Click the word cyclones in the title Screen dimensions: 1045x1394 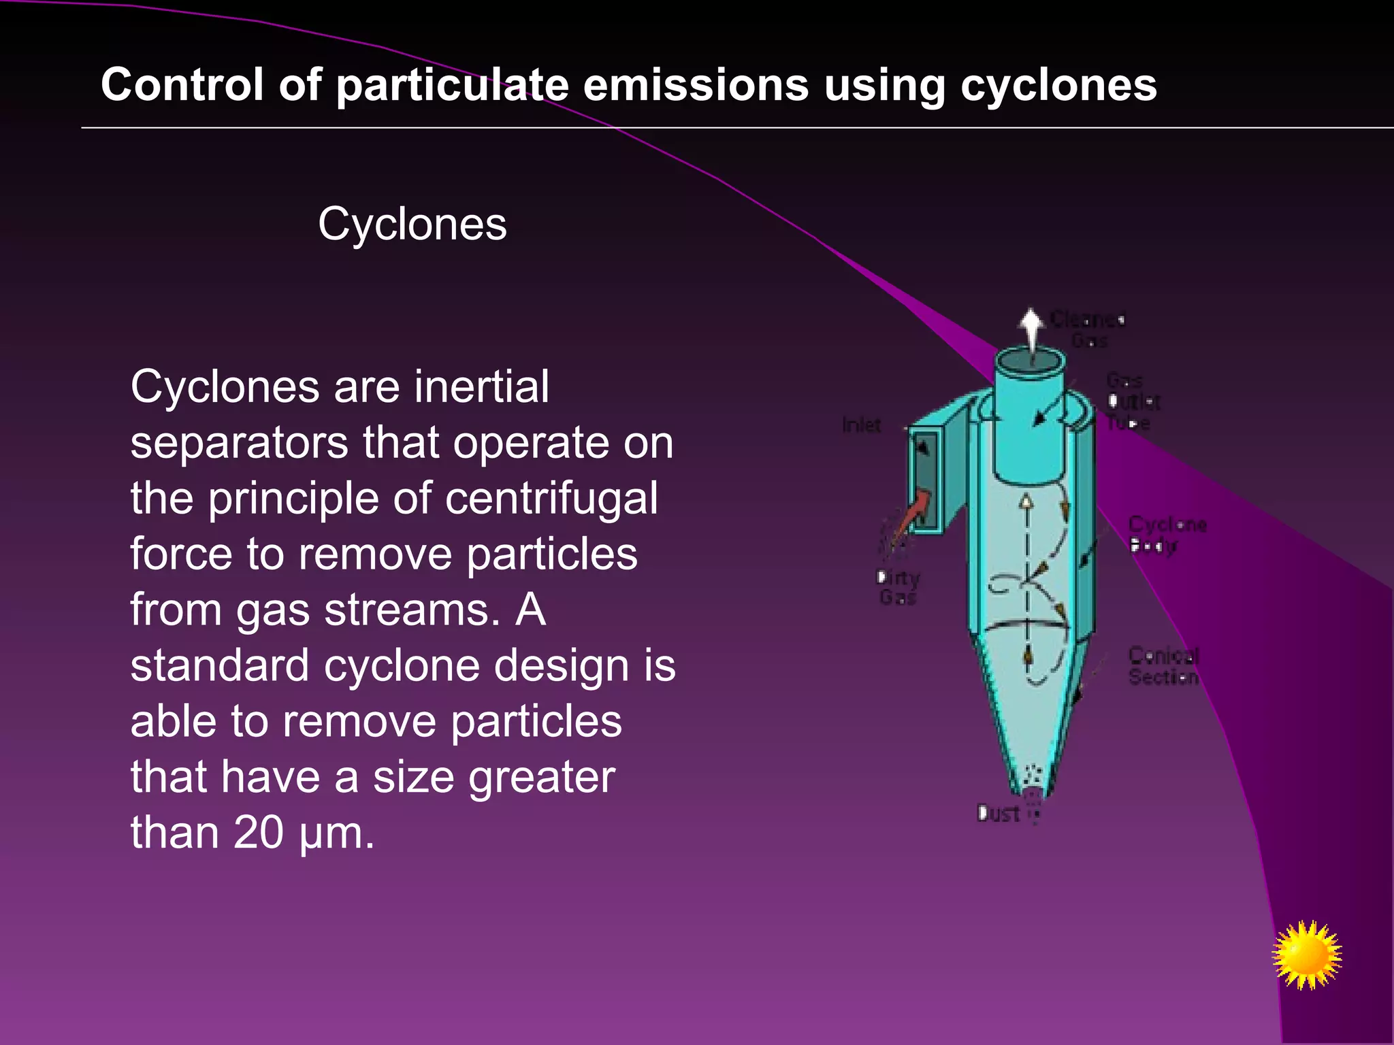(1058, 86)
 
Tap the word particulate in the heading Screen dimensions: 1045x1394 (452, 86)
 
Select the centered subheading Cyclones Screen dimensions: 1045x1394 (412, 224)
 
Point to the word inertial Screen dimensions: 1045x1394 (481, 387)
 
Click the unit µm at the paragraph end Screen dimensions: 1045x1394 (336, 833)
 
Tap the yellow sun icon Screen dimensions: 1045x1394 (1306, 955)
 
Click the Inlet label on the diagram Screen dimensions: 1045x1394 (861, 425)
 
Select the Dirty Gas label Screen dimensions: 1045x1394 (898, 588)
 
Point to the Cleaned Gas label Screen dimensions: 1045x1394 (1088, 329)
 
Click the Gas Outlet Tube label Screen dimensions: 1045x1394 (1132, 401)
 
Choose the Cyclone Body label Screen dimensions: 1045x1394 (1166, 535)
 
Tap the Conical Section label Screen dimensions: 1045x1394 (1163, 666)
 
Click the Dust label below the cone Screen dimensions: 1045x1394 (998, 813)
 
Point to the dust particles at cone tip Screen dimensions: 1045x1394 (1033, 776)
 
